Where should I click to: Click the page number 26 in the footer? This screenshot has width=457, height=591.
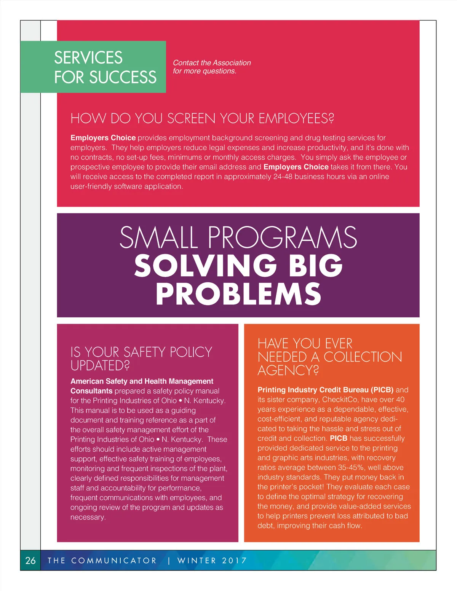click(30, 560)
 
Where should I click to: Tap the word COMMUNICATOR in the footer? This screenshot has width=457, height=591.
click(114, 561)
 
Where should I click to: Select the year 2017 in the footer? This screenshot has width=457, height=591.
click(234, 561)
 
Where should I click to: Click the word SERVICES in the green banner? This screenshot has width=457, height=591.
click(88, 58)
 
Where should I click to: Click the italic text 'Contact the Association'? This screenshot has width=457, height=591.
click(212, 63)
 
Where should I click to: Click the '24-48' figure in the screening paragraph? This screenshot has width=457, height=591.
click(283, 177)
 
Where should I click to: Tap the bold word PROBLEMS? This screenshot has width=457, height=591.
click(238, 294)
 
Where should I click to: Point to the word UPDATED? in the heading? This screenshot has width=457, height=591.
click(100, 366)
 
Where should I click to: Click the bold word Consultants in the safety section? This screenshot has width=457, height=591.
click(91, 391)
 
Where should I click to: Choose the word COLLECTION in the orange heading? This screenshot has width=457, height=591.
click(363, 357)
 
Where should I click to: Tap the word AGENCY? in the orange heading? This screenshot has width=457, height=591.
click(288, 370)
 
